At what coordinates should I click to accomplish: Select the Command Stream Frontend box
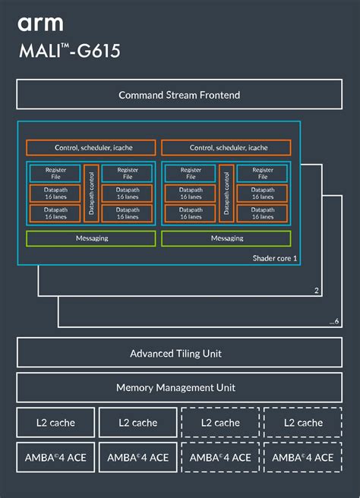pos(179,95)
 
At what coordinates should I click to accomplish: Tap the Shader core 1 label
pos(274,259)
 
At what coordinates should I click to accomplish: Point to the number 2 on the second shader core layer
pos(315,290)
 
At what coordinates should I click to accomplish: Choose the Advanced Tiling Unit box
pos(179,354)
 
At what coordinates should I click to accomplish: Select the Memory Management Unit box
pos(179,387)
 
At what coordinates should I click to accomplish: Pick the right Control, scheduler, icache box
pos(226,147)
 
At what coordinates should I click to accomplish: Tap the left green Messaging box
pos(91,238)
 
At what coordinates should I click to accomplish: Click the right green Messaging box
pos(226,238)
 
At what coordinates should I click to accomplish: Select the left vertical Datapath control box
pos(91,193)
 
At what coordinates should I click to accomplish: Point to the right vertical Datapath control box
pos(226,193)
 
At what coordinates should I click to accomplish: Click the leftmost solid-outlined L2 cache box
pos(55,423)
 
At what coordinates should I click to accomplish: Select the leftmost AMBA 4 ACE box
pos(55,458)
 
